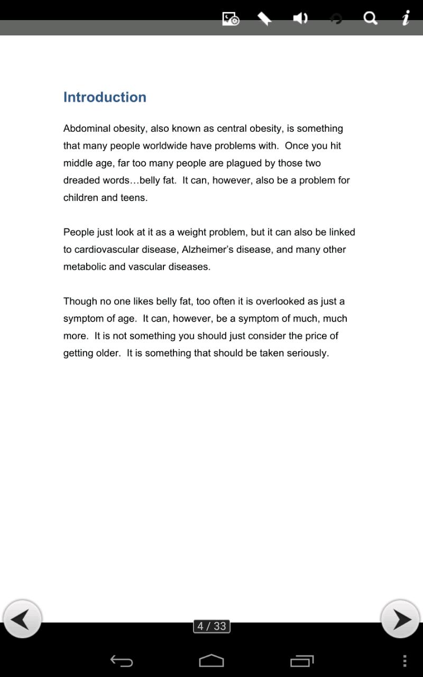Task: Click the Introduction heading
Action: tap(105, 97)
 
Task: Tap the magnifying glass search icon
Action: tap(371, 19)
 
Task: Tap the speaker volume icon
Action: tap(300, 19)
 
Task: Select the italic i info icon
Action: tap(406, 19)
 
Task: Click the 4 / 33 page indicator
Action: tap(212, 626)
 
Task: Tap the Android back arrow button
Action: tap(121, 661)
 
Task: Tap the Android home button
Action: tap(212, 661)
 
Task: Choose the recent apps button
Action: tap(302, 661)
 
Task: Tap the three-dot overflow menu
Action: tap(404, 661)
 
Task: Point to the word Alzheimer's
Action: tap(207, 250)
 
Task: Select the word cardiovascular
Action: tap(106, 250)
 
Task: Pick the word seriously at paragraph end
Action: tap(307, 353)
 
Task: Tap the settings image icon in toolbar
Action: tap(231, 19)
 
